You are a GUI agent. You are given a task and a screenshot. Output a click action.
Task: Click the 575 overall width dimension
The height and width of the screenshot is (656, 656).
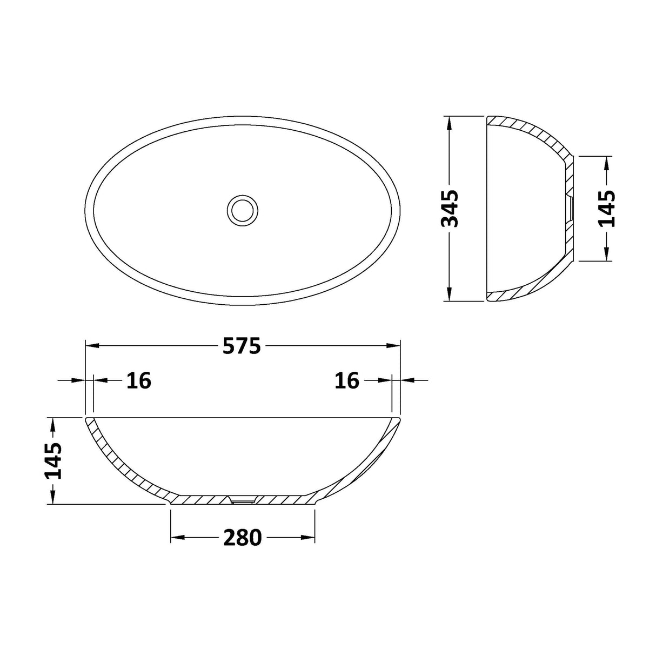(x=242, y=346)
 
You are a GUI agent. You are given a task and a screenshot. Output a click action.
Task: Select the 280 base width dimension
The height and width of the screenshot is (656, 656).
(x=242, y=538)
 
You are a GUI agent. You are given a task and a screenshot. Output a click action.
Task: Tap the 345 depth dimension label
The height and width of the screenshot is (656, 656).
(x=450, y=208)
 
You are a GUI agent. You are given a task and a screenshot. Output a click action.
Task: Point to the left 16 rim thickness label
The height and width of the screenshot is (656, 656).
(x=139, y=380)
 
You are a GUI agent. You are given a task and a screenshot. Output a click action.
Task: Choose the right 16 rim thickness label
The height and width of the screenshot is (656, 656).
(x=346, y=380)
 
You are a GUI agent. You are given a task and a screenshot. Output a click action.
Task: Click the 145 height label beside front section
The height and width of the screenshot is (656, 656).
(x=53, y=460)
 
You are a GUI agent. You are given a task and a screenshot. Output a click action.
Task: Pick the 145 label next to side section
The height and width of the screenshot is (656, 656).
(x=607, y=208)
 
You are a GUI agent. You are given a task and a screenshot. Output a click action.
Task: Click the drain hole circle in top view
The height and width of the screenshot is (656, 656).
(x=243, y=209)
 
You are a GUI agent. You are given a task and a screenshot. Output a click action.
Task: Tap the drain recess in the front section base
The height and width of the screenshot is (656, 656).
(x=243, y=501)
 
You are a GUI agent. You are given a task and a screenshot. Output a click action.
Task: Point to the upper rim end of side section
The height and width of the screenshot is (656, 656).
(x=489, y=121)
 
